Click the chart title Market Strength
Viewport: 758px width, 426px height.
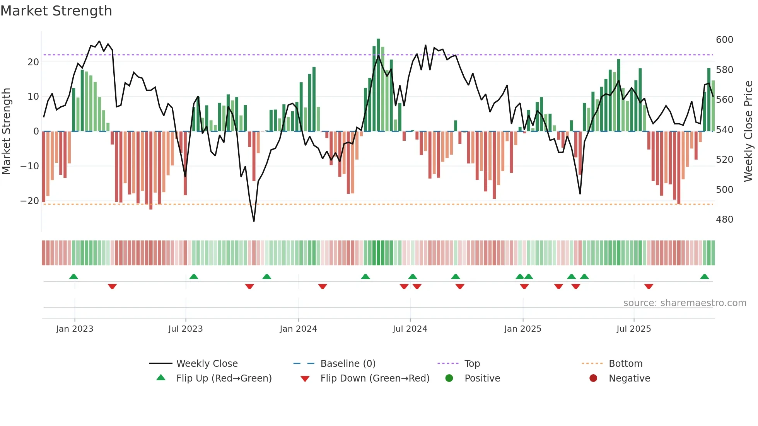click(x=56, y=11)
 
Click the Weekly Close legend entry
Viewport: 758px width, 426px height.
click(x=207, y=363)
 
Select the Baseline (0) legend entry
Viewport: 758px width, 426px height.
click(x=348, y=363)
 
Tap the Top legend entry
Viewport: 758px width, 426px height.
click(x=472, y=363)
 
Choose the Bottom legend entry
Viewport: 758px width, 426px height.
click(x=625, y=363)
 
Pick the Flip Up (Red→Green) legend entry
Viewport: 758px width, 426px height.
click(x=224, y=378)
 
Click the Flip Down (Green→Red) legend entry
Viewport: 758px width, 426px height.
click(x=374, y=378)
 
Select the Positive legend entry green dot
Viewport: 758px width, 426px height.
click(x=449, y=378)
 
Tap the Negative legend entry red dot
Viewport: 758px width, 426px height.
click(x=593, y=378)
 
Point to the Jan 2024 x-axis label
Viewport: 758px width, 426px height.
click(x=298, y=329)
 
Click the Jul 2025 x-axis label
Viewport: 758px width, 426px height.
click(x=633, y=329)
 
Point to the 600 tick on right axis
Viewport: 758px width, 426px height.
click(x=724, y=40)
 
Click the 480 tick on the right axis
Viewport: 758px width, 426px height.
click(x=724, y=220)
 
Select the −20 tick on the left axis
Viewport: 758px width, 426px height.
click(x=30, y=201)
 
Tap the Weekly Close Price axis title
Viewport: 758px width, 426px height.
click(x=748, y=131)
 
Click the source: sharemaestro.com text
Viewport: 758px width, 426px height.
click(x=685, y=303)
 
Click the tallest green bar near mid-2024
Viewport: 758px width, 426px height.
click(x=378, y=85)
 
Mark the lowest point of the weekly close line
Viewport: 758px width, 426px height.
click(x=254, y=221)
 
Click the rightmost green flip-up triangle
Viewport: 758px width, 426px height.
click(x=704, y=276)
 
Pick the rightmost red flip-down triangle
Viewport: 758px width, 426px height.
click(x=649, y=286)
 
